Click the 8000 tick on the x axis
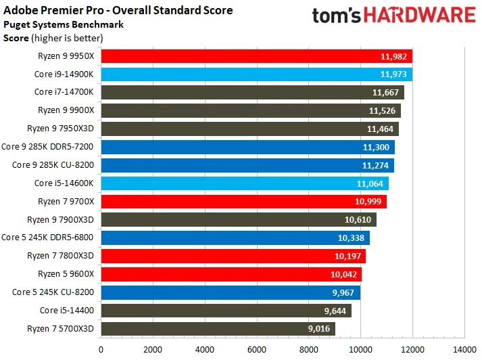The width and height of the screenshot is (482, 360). click(309, 349)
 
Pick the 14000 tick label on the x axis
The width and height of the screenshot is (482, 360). click(464, 349)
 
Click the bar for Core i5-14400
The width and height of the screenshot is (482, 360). click(226, 311)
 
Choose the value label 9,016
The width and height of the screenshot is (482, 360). click(318, 329)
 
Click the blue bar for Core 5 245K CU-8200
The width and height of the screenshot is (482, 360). click(231, 292)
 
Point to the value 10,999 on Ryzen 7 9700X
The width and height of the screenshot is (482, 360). click(369, 202)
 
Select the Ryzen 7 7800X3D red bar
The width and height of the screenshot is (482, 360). click(233, 256)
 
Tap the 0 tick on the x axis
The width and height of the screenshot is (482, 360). click(101, 349)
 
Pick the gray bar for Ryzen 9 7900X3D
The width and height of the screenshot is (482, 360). click(239, 219)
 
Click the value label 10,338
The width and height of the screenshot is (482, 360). click(353, 238)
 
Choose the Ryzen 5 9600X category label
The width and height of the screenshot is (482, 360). click(66, 274)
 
